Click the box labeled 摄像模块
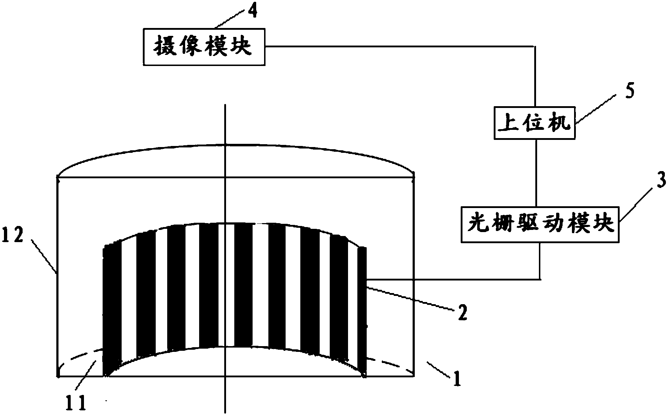pos(204,47)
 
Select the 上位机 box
pos(535,123)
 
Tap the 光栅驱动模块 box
pos(541,224)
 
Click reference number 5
pos(629,92)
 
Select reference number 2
pos(462,313)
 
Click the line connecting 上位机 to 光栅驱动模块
pos(536,172)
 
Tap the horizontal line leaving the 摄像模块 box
pos(395,46)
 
